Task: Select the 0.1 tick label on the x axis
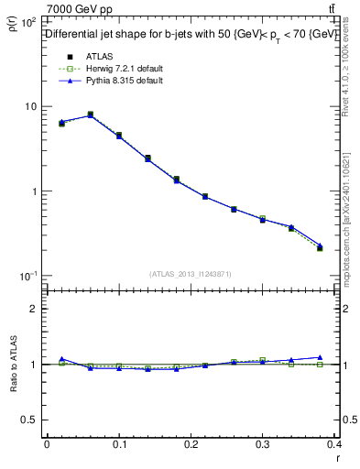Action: (x=119, y=445)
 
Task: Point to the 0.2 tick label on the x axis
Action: (x=191, y=445)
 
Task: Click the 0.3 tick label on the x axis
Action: (x=263, y=445)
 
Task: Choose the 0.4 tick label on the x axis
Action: (x=334, y=445)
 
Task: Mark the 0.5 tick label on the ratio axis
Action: (x=29, y=420)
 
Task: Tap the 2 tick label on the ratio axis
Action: (x=34, y=309)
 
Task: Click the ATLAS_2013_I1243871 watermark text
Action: (x=191, y=274)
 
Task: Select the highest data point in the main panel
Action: (x=90, y=115)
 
